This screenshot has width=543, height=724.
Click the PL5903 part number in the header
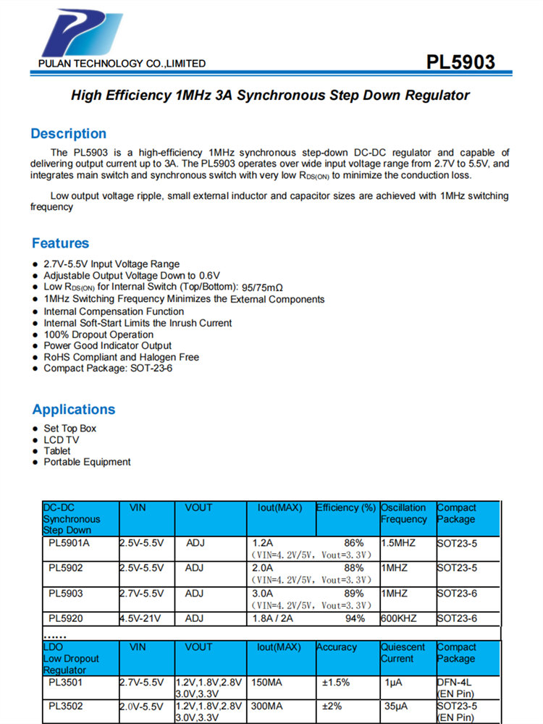[460, 62]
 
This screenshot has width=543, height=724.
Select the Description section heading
[68, 134]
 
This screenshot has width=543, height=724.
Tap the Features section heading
[60, 243]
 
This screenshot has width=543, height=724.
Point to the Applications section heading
[73, 410]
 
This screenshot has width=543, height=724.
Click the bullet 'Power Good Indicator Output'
[107, 346]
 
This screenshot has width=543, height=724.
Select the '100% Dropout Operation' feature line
[98, 334]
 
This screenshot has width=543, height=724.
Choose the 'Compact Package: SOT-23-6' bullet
[108, 369]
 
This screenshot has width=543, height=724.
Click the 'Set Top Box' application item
[70, 429]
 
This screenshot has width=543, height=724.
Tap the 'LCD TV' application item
[62, 439]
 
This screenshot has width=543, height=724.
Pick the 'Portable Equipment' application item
[87, 462]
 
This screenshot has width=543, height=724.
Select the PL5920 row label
[66, 618]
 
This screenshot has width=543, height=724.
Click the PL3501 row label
[66, 682]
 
